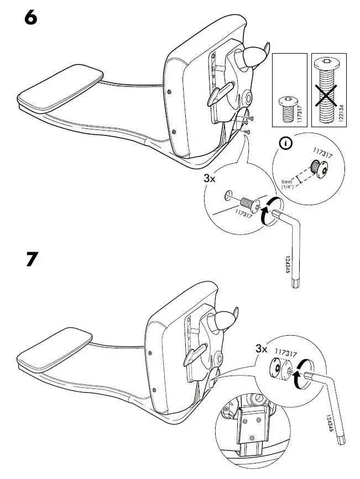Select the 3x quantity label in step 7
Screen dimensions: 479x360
[x=261, y=350]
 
